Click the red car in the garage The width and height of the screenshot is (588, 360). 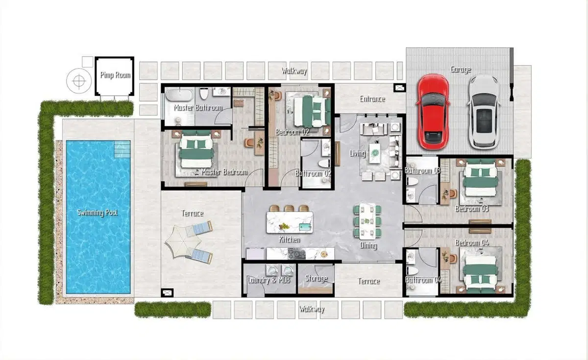(x=433, y=112)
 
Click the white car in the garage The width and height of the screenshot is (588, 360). (x=484, y=112)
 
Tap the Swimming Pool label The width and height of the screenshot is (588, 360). (x=98, y=213)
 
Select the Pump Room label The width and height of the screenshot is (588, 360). (x=115, y=75)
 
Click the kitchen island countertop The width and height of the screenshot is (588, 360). (x=290, y=222)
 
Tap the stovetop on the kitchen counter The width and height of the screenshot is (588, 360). (x=296, y=254)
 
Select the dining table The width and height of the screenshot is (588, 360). (x=367, y=221)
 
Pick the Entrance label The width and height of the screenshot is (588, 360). (x=372, y=99)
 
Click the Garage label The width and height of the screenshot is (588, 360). (x=461, y=69)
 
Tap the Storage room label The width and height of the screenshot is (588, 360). (x=317, y=278)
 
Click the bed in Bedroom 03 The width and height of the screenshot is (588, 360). (x=480, y=178)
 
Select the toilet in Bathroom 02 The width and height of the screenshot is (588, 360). (x=324, y=163)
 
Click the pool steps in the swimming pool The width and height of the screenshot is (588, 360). (x=122, y=149)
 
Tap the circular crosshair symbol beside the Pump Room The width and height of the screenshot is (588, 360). (x=79, y=80)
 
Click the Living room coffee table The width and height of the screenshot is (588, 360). (x=375, y=153)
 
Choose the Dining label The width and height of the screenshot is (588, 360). (x=368, y=245)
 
